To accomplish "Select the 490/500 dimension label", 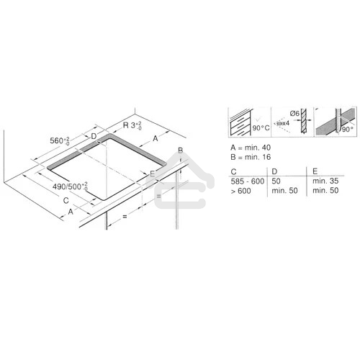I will [x=72, y=186].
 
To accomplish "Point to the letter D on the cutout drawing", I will [x=94, y=136].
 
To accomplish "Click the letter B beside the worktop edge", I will [x=181, y=150].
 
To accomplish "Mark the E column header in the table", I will [x=313, y=171].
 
